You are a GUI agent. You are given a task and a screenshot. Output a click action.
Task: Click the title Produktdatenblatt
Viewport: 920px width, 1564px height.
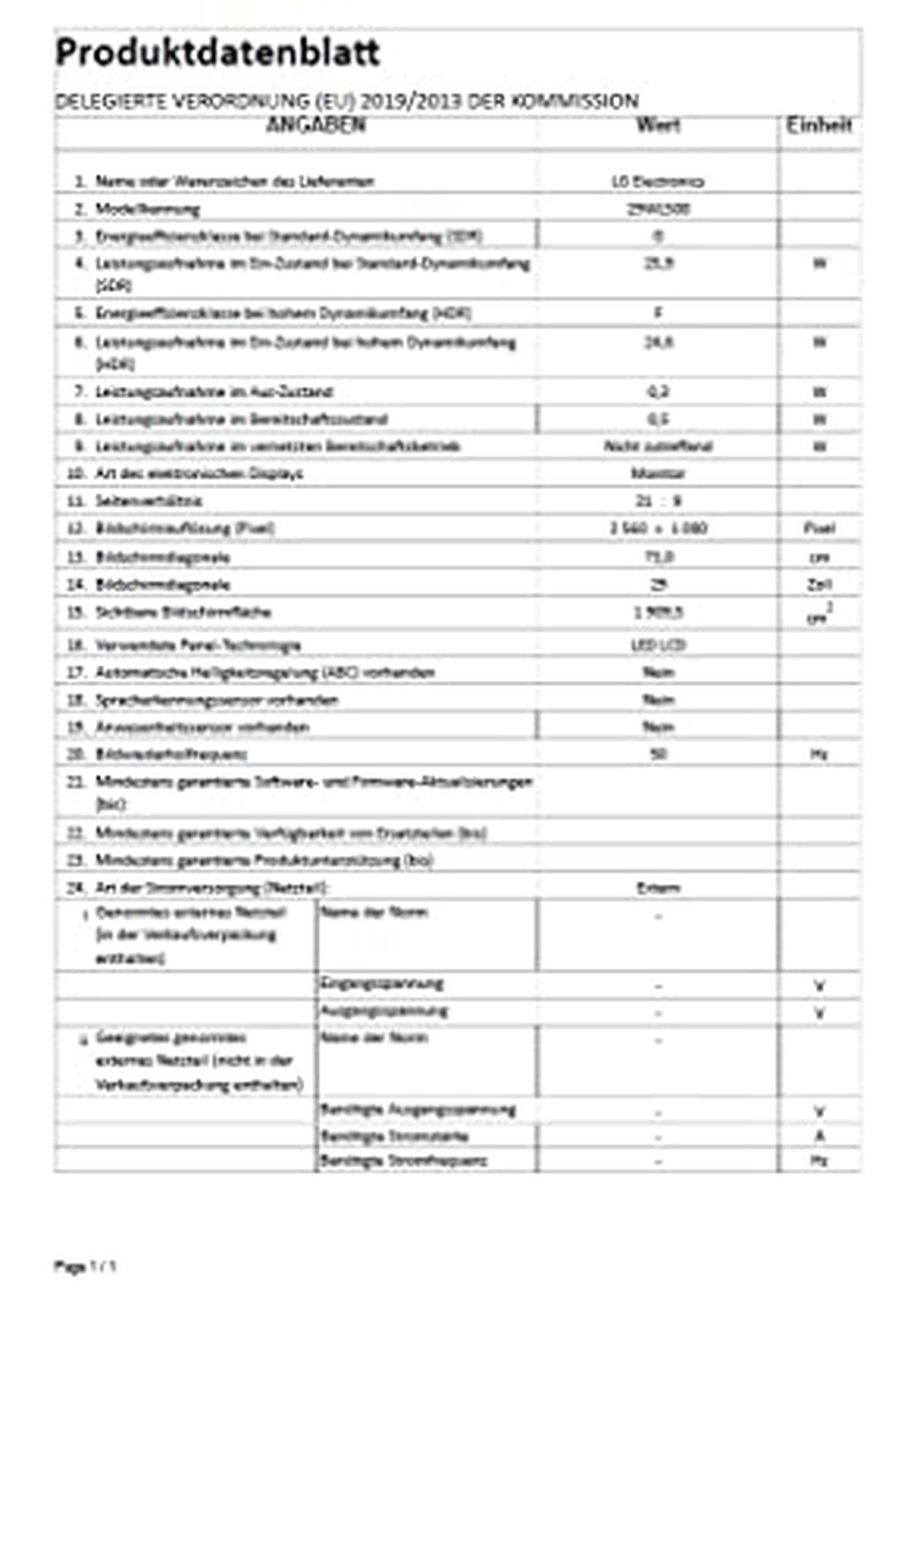218,52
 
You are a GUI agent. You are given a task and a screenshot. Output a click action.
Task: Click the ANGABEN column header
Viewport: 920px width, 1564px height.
315,125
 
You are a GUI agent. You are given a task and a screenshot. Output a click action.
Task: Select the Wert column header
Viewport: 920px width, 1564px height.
658,124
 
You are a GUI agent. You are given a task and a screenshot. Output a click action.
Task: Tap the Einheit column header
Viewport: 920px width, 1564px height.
819,125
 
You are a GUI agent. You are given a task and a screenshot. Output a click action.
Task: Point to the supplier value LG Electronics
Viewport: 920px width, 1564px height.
658,182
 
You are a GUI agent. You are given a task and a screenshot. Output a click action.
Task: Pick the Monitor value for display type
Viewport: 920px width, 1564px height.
658,473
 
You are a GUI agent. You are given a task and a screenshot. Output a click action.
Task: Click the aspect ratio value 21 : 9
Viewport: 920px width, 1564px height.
658,501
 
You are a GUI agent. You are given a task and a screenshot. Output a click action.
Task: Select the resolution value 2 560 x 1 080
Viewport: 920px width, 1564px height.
658,528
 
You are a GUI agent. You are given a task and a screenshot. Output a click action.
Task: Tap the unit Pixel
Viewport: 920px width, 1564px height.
819,528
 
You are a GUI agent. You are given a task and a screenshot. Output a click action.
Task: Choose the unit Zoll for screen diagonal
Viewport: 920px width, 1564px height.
819,584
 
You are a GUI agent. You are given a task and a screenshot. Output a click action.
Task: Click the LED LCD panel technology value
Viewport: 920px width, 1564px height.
658,645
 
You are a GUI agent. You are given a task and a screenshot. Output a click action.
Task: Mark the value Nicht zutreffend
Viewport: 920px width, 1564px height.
658,446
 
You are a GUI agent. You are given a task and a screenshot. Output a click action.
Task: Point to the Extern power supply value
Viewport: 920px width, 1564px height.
658,888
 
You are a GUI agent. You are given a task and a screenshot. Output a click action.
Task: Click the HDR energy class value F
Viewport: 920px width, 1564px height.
658,313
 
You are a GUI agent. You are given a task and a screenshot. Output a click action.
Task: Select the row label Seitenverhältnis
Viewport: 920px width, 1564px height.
149,501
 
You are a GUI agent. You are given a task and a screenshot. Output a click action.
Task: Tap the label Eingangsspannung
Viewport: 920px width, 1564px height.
381,984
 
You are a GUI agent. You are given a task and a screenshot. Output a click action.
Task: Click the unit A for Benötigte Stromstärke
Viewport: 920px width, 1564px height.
819,1135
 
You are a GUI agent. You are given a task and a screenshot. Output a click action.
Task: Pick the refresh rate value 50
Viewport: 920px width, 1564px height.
658,754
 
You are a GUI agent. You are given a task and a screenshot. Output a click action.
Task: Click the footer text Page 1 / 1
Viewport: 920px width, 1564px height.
84,1267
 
